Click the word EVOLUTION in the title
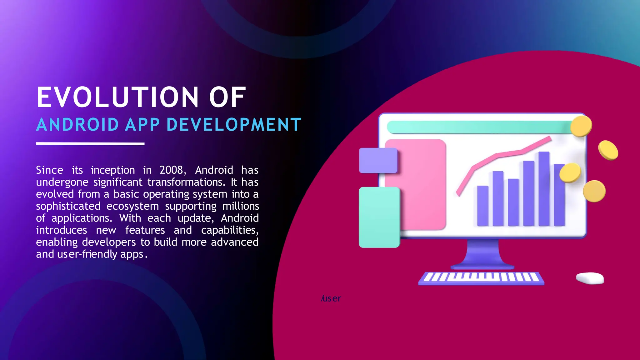(117, 97)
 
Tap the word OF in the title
(227, 97)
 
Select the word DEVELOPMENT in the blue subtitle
(234, 124)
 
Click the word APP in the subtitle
(142, 124)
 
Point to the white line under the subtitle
(90, 144)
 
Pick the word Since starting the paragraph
(49, 170)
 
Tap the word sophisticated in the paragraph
(68, 206)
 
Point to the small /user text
(331, 298)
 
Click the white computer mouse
(590, 278)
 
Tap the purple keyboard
(481, 278)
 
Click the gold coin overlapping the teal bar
(581, 126)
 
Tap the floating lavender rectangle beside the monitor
(378, 160)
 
